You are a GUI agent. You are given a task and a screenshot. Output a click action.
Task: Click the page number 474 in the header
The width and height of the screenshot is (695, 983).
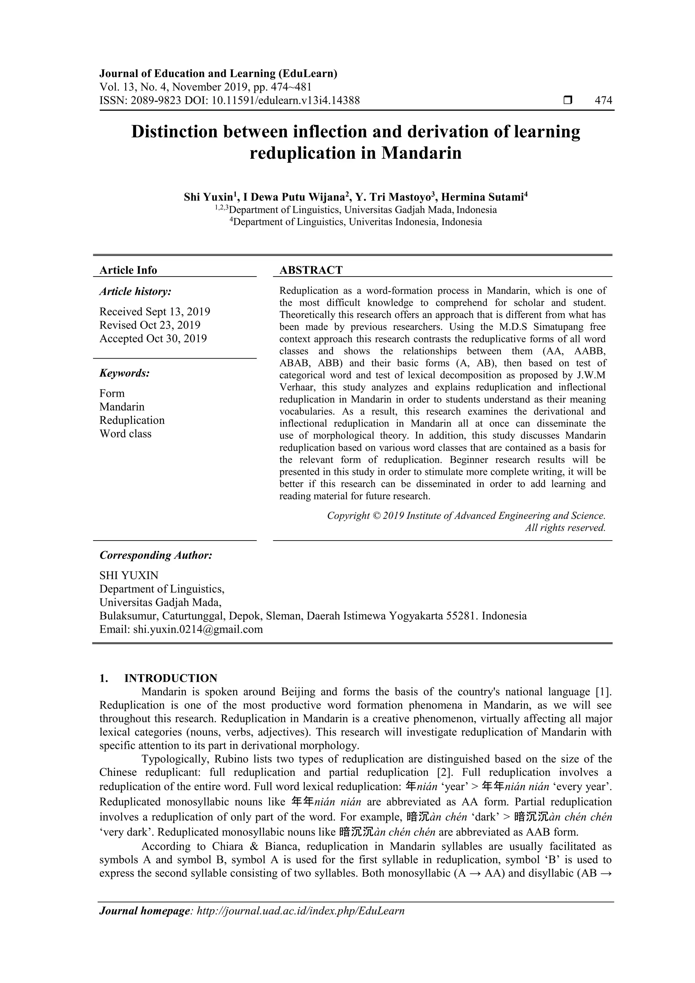[603, 101]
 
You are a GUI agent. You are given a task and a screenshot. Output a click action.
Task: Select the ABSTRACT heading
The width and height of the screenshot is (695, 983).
[311, 270]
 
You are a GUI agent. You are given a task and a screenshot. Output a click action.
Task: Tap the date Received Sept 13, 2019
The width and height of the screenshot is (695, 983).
[155, 312]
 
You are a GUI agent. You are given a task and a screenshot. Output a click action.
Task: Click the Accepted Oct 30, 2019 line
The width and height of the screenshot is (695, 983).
[153, 339]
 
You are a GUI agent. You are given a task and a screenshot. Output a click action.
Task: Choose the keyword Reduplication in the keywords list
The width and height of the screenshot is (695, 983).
[132, 420]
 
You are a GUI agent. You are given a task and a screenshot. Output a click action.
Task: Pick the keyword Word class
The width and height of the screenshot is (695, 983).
[126, 434]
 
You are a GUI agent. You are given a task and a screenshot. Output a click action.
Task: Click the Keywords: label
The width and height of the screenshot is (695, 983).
[125, 373]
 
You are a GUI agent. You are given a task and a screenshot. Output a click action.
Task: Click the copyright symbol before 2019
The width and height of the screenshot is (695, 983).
[376, 516]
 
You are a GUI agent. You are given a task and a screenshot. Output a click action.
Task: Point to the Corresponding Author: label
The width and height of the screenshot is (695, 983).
[156, 555]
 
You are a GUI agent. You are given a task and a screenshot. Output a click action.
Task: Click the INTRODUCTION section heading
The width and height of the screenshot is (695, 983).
[170, 679]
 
